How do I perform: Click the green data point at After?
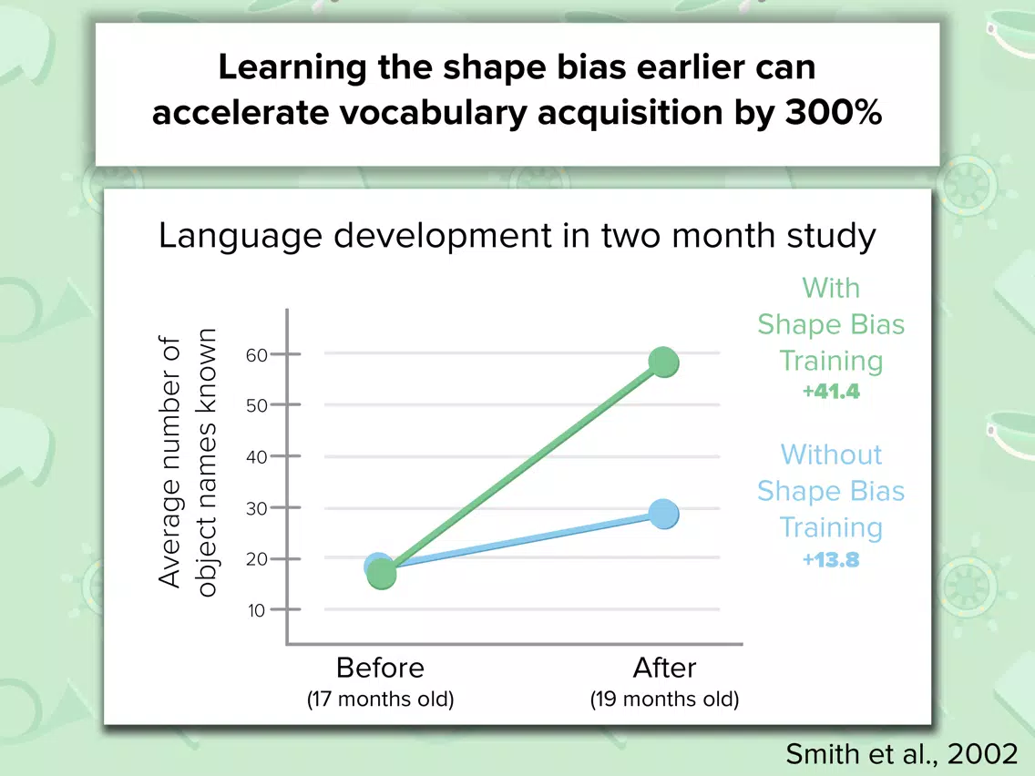[663, 362]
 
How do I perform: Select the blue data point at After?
[663, 514]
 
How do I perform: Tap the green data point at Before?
[381, 574]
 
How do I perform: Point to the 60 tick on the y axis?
[286, 354]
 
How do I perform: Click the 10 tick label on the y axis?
[256, 610]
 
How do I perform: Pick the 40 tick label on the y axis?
[256, 456]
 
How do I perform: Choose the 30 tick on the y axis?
[286, 507]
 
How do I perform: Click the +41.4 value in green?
[831, 392]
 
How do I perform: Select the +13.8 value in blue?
[831, 560]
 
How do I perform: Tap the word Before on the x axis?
[380, 668]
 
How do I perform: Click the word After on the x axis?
[664, 668]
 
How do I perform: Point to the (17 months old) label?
[380, 699]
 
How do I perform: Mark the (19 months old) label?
[665, 699]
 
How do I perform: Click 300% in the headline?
[834, 112]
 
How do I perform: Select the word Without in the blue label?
[831, 454]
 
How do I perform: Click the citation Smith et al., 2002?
[902, 753]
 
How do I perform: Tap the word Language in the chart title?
[240, 237]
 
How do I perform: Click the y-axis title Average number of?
[169, 461]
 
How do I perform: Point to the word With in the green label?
[831, 288]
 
